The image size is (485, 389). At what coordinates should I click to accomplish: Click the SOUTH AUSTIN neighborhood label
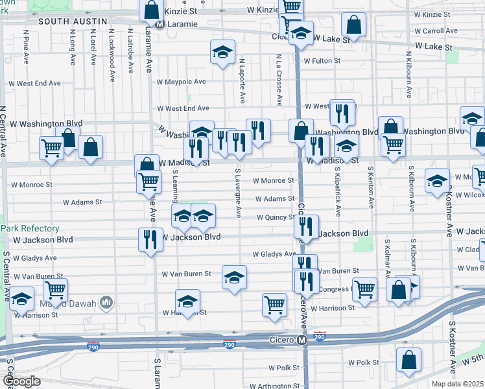[73, 21]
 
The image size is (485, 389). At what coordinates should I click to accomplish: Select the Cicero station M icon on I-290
[302, 340]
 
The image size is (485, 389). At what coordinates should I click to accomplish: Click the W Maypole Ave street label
[181, 82]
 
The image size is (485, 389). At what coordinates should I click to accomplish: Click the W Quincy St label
[276, 218]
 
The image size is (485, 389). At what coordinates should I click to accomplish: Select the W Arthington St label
[274, 386]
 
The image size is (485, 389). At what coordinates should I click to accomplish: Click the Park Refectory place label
[30, 229]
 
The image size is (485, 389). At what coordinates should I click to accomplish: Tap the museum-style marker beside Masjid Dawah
[107, 303]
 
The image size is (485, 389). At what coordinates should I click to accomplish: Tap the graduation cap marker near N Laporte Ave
[222, 52]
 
